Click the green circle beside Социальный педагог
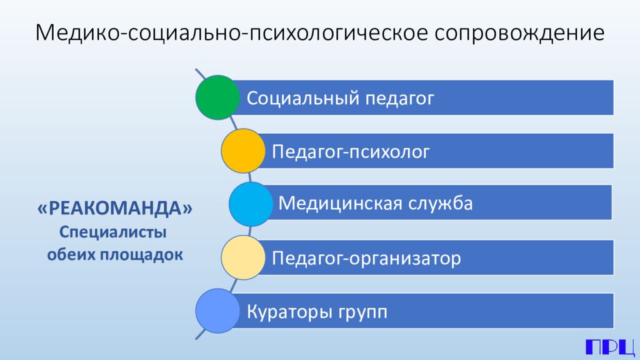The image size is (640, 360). [217, 97]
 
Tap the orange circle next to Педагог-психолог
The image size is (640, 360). [242, 151]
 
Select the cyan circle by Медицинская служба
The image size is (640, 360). [251, 204]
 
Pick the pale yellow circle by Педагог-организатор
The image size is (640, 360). [242, 257]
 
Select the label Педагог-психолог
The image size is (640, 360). [351, 152]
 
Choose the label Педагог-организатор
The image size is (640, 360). [366, 257]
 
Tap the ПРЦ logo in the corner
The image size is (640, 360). [609, 347]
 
